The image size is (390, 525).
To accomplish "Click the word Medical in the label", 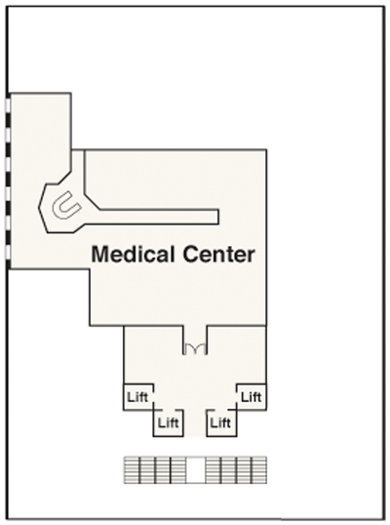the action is (135, 254).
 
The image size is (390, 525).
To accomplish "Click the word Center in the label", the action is (218, 254).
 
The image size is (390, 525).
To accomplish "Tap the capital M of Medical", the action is (100, 254).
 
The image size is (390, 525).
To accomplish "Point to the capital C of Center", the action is (191, 254).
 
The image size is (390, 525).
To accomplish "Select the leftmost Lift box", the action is (138, 397).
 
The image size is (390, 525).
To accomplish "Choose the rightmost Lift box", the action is (252, 397).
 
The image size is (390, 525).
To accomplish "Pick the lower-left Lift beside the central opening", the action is (169, 423).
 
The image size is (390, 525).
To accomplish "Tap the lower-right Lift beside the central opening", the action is (221, 423).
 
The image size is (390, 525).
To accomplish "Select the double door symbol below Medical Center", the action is (195, 349).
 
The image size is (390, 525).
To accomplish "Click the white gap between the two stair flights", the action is (195, 469).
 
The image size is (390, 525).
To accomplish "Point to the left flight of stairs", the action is (154, 469).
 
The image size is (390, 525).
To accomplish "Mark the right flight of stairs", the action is (236, 469).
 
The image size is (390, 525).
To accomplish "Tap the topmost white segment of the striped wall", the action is (8, 104).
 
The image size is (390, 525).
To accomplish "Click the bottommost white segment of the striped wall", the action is (8, 252).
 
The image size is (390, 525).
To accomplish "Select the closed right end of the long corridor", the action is (218, 217).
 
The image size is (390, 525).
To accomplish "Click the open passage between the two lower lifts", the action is (195, 423).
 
